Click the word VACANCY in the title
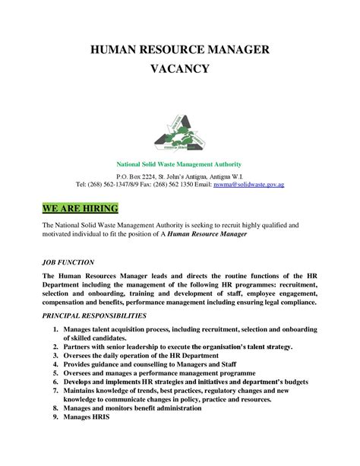click(180, 69)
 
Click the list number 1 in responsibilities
click(55, 328)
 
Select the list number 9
click(55, 417)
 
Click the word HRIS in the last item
click(100, 417)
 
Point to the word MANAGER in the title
click(239, 50)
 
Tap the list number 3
click(55, 355)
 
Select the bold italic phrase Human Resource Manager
click(209, 235)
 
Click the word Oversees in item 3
click(81, 355)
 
